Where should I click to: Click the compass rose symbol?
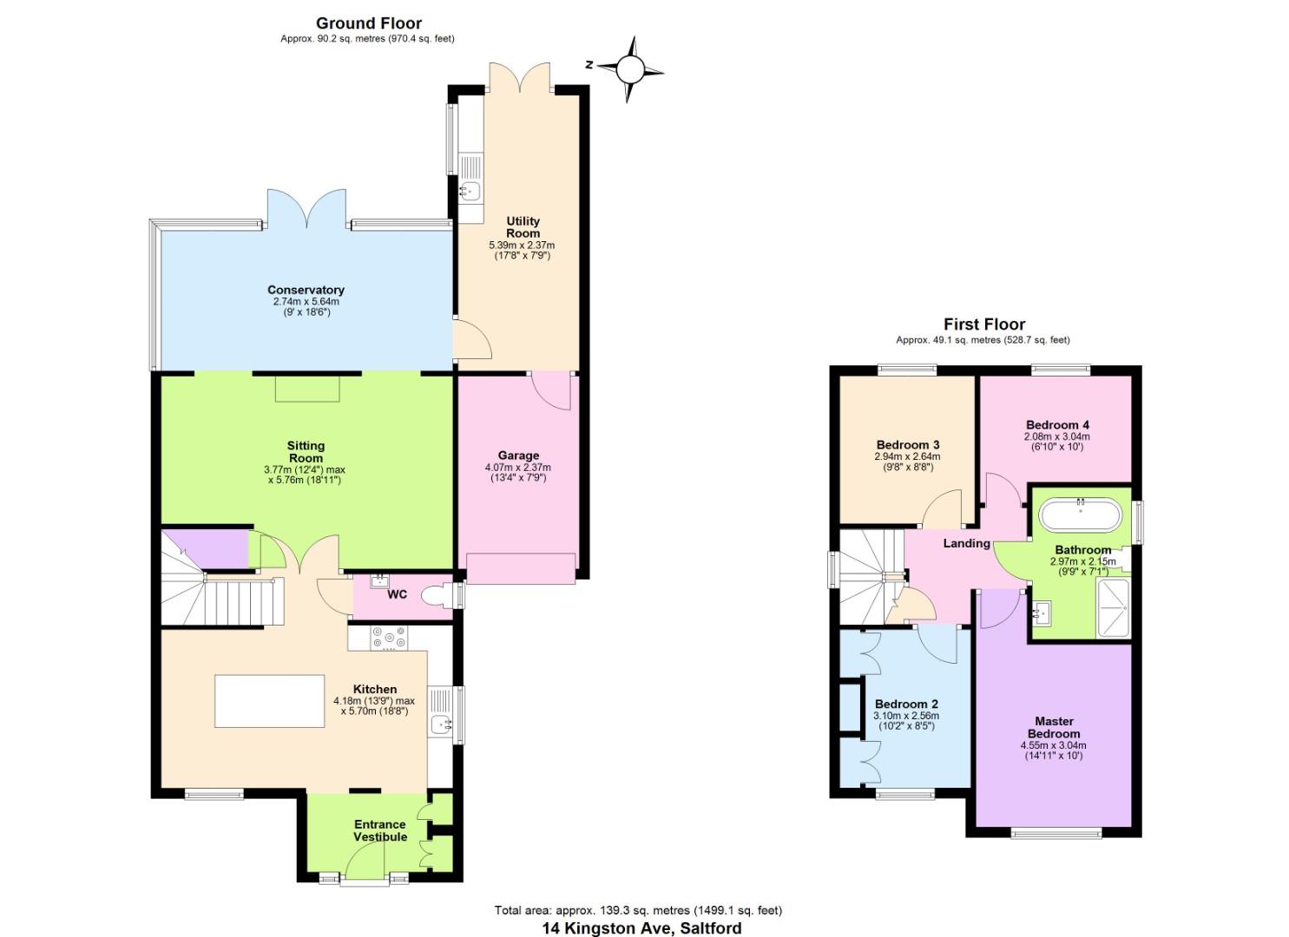(631, 68)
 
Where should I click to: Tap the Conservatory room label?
(306, 290)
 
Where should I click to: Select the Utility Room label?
(523, 227)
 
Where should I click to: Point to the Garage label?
(518, 455)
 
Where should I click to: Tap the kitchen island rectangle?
(269, 701)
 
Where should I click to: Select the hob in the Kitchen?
(389, 639)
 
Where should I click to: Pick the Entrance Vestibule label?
(379, 830)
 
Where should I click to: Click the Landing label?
(966, 543)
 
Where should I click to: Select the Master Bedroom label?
(1054, 727)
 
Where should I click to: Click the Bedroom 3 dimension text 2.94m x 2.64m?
(907, 456)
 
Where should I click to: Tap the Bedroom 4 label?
(1057, 425)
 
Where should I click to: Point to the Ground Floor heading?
(369, 23)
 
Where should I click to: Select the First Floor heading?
(984, 324)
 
